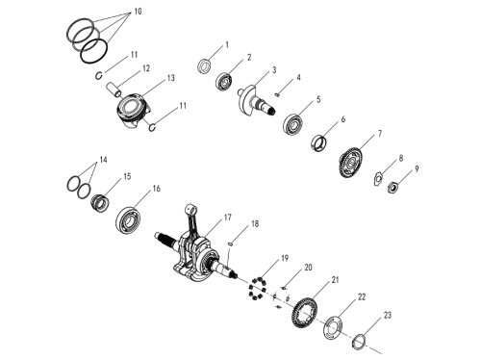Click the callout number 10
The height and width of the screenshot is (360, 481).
point(138,12)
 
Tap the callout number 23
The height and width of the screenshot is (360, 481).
point(388,316)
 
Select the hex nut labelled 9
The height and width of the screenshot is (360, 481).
point(392,187)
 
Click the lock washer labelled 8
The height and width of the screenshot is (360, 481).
point(379,178)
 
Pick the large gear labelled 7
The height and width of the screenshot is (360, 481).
point(349,163)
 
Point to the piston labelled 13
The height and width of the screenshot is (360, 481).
point(133,111)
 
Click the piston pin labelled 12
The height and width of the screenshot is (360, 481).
point(114,90)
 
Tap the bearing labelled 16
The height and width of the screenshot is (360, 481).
point(128,219)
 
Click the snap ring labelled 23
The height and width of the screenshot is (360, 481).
point(359,340)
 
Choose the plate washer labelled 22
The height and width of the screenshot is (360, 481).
point(332,328)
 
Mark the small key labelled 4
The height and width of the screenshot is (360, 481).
point(277,94)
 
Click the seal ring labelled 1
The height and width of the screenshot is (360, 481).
point(204,65)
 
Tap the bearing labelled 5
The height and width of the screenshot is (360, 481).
point(292,123)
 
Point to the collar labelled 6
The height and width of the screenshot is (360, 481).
point(319,143)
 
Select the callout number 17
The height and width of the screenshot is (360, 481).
point(227,218)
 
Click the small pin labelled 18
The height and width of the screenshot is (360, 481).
point(231,244)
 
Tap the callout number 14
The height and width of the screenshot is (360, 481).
point(103,160)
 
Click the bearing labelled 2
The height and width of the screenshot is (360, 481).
point(224,81)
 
